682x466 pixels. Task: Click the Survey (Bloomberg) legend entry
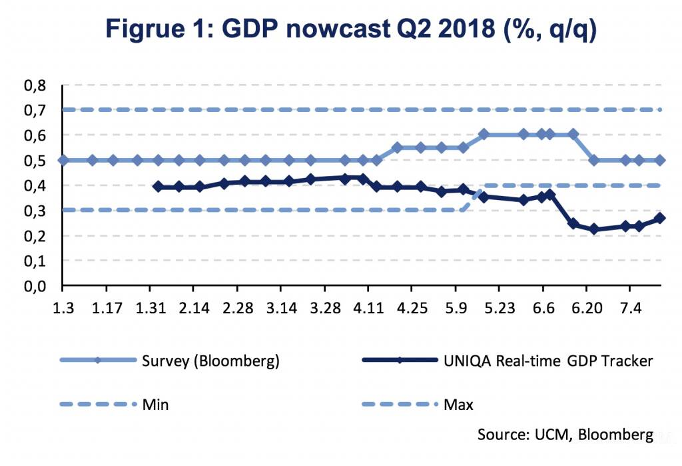210,361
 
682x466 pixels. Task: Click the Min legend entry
155,403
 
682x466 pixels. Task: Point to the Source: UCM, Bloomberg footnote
565,434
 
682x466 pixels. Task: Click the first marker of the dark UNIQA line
158,187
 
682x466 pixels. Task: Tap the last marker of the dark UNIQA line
659,218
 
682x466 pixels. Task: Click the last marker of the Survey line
659,160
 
